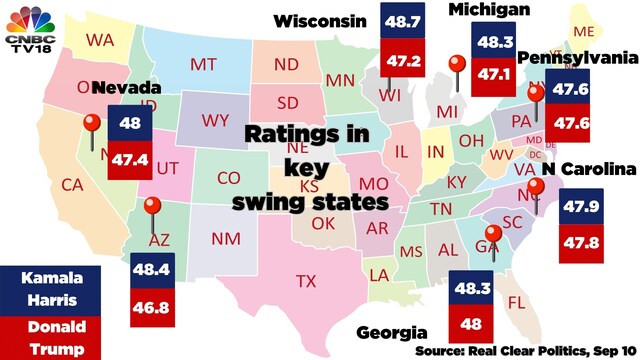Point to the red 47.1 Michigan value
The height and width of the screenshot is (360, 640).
[x=494, y=73]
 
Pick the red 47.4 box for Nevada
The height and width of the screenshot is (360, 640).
[x=129, y=158]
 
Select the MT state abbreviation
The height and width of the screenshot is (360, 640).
[x=204, y=64]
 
